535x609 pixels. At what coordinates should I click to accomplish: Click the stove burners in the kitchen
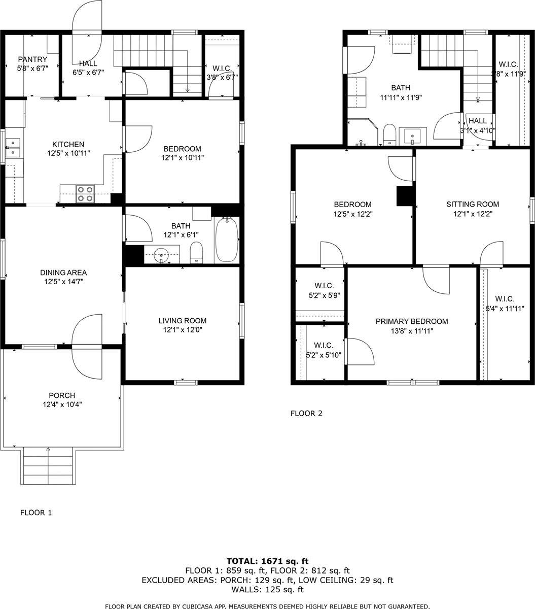point(85,194)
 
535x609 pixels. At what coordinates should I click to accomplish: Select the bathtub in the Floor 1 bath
point(226,240)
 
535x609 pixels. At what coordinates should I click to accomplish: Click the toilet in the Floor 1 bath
point(196,252)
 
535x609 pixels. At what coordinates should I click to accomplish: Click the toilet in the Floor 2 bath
point(389,134)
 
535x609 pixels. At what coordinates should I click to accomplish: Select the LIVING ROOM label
point(182,321)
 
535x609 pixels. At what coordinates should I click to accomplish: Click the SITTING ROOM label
point(472,205)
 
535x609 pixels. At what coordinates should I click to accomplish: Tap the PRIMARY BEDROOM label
point(411,321)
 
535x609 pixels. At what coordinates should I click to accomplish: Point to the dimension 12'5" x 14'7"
point(64,281)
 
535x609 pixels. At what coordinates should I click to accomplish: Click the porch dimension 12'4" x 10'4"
point(62,404)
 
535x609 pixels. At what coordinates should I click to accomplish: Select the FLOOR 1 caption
point(35,513)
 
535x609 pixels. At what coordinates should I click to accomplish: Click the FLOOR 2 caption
point(306,413)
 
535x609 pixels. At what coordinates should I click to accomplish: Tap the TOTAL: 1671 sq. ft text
point(267,561)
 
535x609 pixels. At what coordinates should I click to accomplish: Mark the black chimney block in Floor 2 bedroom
point(404,196)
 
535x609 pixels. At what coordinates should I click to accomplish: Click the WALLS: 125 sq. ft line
point(267,590)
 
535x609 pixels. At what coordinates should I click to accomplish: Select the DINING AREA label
point(64,272)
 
